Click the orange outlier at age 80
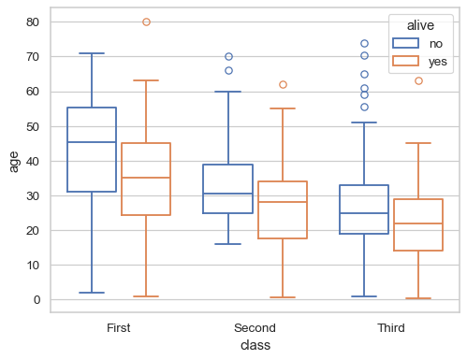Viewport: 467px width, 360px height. (x=146, y=22)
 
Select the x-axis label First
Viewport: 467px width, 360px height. (x=119, y=328)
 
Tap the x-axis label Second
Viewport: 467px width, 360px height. (x=255, y=328)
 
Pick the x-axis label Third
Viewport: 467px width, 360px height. (x=391, y=328)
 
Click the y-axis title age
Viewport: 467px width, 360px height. (x=13, y=160)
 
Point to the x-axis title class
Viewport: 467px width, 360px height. (x=255, y=345)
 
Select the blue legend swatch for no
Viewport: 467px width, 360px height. (x=405, y=43)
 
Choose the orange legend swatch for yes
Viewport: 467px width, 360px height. (x=405, y=61)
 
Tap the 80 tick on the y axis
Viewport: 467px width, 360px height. (x=34, y=22)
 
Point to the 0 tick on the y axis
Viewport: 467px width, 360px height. (x=37, y=300)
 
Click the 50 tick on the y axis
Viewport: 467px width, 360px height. (x=34, y=126)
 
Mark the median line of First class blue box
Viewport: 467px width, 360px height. (x=92, y=142)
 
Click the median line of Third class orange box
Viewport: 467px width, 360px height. (x=418, y=223)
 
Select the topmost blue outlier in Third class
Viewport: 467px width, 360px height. (x=364, y=43)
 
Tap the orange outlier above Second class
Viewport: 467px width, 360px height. (x=283, y=84)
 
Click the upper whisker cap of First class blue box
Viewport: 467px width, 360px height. (x=92, y=53)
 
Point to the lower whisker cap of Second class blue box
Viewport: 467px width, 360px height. (x=228, y=244)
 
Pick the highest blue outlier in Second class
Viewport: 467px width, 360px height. (x=228, y=57)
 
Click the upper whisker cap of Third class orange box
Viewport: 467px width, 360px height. (x=418, y=143)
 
